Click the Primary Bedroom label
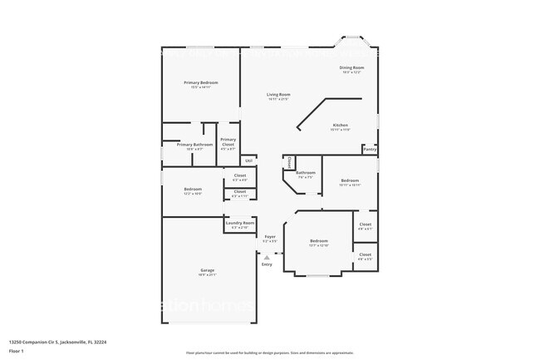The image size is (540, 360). point(201,82)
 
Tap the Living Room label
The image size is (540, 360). point(278,95)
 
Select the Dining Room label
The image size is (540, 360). point(351,67)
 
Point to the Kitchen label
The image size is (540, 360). point(341,125)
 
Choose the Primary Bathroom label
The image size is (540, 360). point(195,145)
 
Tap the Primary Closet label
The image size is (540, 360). point(228,141)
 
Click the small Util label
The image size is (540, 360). point(248,160)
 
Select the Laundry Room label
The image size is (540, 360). point(238,223)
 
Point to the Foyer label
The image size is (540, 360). point(270,237)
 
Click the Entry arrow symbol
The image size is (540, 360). point(267,258)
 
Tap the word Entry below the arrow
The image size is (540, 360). point(267,264)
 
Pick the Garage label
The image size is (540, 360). point(207,271)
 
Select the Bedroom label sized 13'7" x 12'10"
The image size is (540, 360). point(319,241)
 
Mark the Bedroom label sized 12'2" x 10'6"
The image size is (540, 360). point(193,190)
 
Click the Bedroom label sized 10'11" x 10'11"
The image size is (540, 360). point(350,180)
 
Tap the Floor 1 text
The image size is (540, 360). point(17,352)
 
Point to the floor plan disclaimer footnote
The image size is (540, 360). point(269,353)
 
